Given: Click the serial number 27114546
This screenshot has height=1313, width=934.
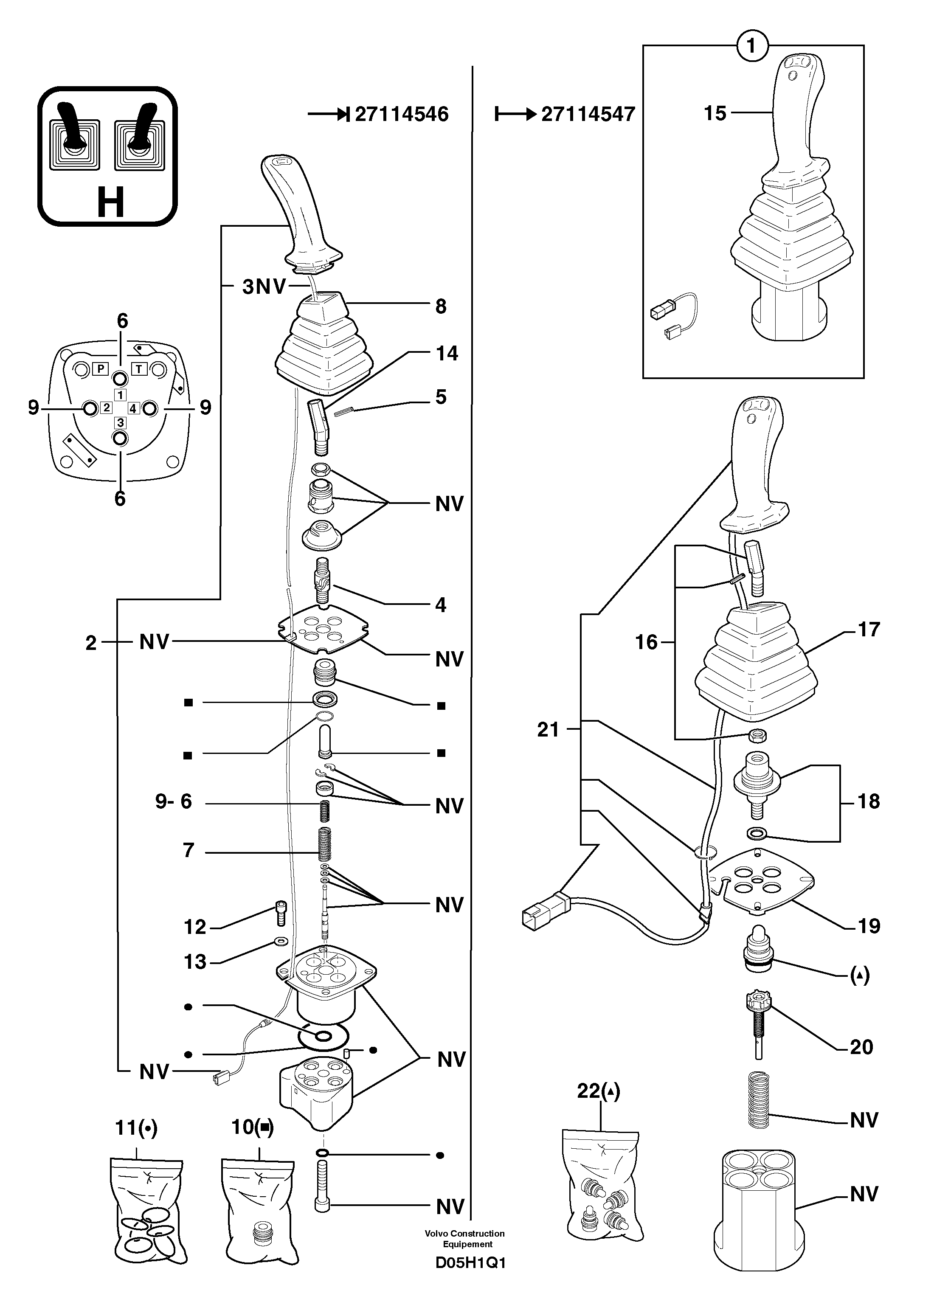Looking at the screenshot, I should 402,115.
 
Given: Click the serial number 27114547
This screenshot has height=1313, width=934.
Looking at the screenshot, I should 588,115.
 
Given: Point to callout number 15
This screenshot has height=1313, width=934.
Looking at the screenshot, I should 715,113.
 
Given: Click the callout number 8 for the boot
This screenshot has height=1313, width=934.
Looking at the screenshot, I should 441,306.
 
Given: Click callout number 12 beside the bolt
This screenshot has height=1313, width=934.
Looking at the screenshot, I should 195,927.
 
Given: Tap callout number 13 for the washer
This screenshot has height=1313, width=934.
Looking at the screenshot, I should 195,962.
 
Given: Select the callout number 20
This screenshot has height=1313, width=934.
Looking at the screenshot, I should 861,1047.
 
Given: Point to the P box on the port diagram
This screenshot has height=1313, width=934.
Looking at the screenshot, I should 101,368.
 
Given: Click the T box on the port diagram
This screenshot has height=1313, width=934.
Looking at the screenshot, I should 140,368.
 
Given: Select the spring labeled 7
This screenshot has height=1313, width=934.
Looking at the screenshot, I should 326,849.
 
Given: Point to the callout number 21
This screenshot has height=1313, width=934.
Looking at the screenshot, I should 548,730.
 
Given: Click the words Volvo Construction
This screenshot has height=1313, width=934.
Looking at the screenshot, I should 465,1234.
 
